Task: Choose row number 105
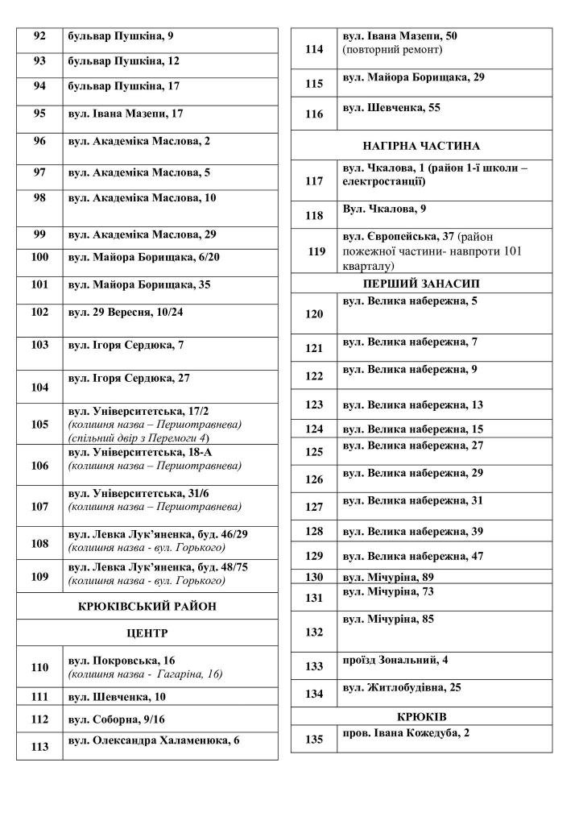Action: [x=39, y=424]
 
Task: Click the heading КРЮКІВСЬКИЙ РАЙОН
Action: [x=147, y=606]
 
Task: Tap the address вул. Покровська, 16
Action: [x=122, y=661]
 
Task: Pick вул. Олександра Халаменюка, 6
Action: [x=154, y=740]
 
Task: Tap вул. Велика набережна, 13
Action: [x=413, y=404]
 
